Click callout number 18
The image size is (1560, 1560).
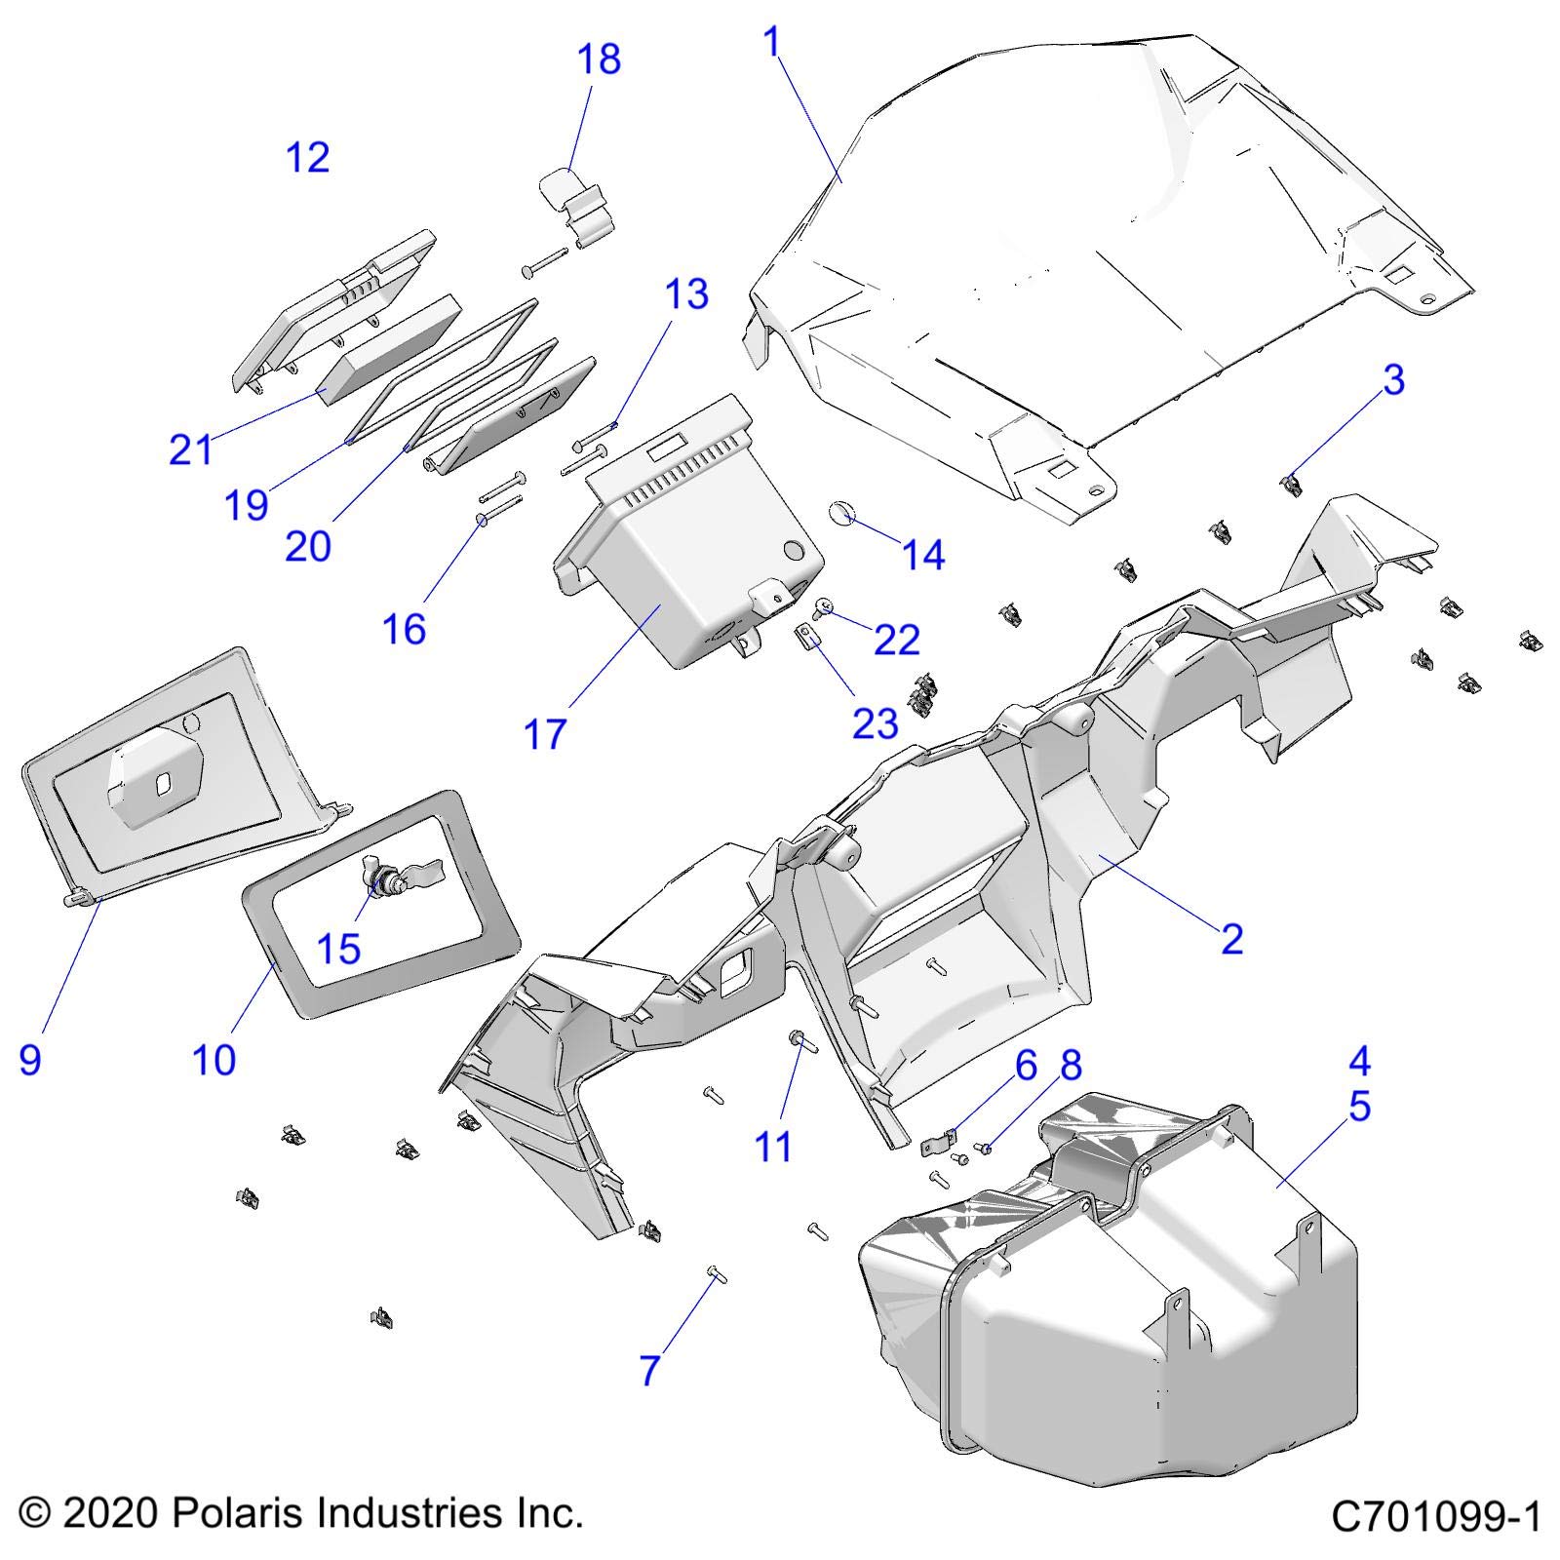599,59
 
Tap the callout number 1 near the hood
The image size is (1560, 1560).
773,43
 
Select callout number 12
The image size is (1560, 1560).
307,158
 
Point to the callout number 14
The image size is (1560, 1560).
922,555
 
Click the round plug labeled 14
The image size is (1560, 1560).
841,513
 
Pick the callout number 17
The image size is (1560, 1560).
545,734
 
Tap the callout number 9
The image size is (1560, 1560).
30,1059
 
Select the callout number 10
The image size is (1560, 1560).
214,1059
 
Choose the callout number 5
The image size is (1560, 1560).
1359,1108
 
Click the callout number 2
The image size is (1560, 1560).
1231,939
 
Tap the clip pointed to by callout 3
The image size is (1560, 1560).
1291,483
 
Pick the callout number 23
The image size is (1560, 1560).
875,723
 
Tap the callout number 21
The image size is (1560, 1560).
190,450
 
